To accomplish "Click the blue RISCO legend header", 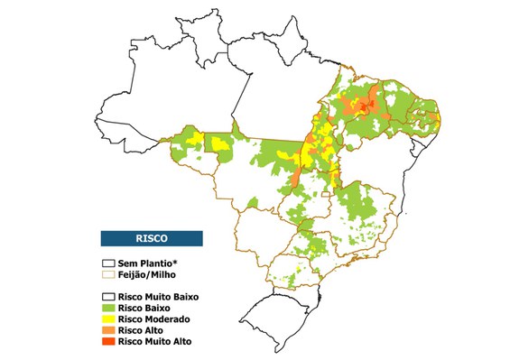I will (151, 238).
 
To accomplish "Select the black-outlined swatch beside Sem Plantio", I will (108, 262).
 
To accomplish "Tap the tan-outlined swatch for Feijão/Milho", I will (108, 272).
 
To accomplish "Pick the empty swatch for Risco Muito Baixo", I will (108, 296).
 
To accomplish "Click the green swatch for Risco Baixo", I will (108, 308).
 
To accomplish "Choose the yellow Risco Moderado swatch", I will (108, 319).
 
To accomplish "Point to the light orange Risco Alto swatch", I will (108, 331).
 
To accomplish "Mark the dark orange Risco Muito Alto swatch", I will (108, 342).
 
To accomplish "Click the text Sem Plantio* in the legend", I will (148, 262).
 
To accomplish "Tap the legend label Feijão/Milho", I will (151, 272).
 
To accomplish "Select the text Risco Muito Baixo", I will (159, 296).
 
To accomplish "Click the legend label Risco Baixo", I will (144, 308).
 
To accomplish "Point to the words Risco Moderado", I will (154, 319).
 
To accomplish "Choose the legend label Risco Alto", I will (142, 331).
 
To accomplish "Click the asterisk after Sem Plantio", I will (178, 260).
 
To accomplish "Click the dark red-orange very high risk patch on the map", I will (364, 107).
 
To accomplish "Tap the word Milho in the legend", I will (169, 272).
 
